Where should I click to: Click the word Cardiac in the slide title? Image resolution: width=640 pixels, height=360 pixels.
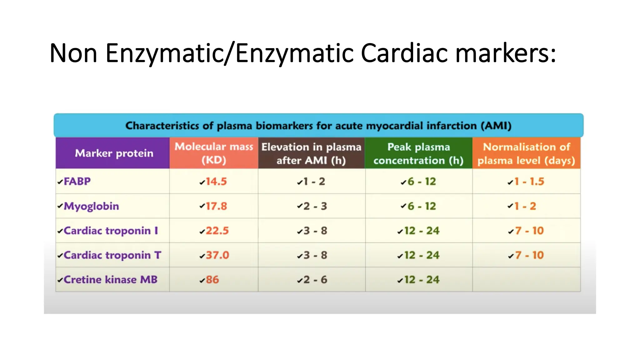click(405, 53)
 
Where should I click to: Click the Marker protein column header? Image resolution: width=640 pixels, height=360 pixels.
click(114, 153)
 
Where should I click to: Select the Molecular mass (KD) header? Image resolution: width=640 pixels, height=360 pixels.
click(214, 153)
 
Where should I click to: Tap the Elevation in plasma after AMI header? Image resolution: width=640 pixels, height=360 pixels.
click(311, 153)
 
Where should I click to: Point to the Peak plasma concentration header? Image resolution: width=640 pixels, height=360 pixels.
click(418, 153)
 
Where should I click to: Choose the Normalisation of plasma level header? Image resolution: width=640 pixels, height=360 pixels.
click(526, 153)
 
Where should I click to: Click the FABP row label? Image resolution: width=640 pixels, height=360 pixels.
click(77, 181)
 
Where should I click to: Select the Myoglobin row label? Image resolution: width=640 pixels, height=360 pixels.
click(91, 206)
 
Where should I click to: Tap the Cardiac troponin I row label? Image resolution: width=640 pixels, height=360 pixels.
click(111, 231)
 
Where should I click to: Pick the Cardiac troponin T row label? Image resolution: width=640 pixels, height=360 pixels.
click(112, 255)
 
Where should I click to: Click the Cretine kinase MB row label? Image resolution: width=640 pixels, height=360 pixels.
click(110, 279)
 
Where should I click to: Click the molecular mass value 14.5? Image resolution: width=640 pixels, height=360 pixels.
click(216, 182)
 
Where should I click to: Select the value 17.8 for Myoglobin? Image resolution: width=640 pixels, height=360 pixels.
click(216, 206)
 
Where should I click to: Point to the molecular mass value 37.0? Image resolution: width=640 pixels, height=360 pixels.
click(217, 255)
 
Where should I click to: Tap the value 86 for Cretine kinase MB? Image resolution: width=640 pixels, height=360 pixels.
click(212, 280)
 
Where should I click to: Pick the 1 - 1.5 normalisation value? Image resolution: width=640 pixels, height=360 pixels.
click(529, 182)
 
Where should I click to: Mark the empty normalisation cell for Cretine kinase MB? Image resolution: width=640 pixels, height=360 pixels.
click(526, 279)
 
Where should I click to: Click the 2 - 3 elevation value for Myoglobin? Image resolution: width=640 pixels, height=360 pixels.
click(315, 206)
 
